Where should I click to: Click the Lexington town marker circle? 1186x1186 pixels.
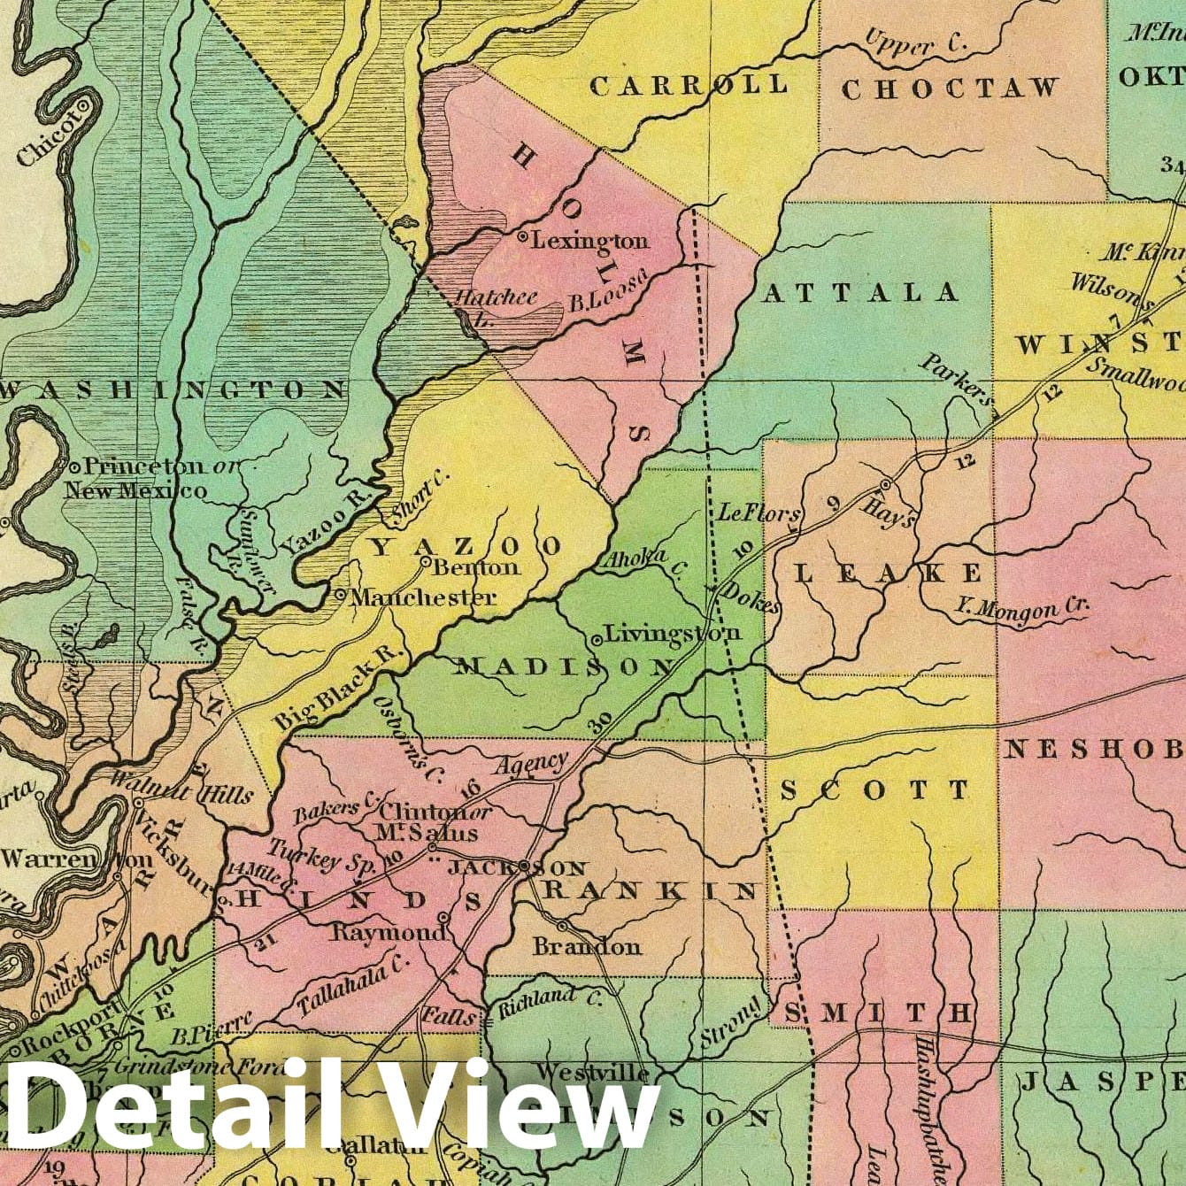(523, 237)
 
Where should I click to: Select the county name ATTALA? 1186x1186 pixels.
(859, 293)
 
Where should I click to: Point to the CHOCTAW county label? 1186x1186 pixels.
(950, 89)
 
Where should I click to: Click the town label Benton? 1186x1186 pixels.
(475, 567)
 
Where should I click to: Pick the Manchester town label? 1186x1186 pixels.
(423, 597)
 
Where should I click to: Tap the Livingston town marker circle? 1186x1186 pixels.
(597, 638)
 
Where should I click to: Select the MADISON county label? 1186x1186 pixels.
(565, 666)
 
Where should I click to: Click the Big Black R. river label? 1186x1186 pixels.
(338, 688)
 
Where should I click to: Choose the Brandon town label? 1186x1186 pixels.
(587, 946)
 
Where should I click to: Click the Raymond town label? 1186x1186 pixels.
(389, 933)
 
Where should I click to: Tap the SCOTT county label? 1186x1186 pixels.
(875, 789)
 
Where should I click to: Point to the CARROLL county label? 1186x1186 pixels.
(689, 86)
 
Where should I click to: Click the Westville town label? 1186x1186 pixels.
(592, 1072)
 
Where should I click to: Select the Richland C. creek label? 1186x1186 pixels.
(550, 1002)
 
